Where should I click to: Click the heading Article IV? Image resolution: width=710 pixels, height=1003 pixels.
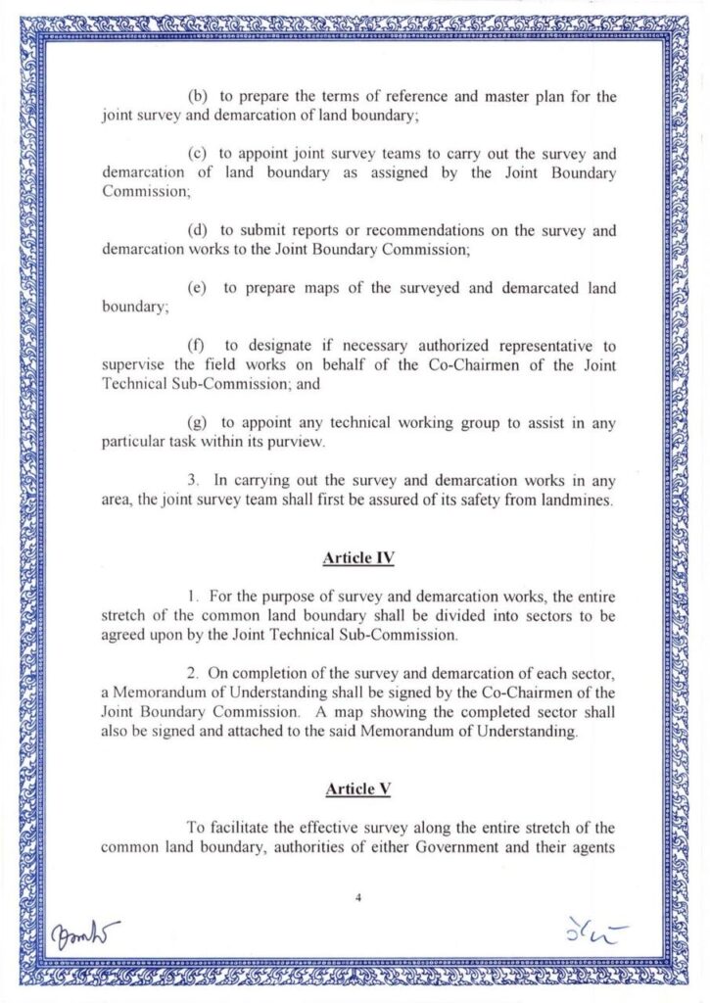pos(358,559)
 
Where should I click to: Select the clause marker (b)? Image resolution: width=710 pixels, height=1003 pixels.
pos(197,98)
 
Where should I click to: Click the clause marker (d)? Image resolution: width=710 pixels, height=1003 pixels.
pos(197,230)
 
